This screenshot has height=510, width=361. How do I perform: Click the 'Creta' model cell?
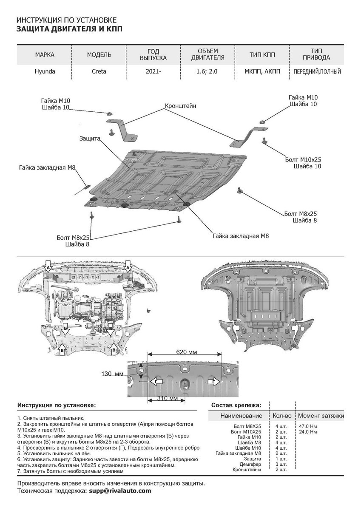[x=99, y=72]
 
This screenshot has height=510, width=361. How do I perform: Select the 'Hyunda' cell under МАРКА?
[x=45, y=72]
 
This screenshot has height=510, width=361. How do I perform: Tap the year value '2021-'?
[x=153, y=72]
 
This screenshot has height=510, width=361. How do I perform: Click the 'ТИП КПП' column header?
[x=262, y=55]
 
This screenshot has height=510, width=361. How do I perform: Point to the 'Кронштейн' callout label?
[x=181, y=106]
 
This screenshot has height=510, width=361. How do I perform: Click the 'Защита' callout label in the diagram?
[x=89, y=139]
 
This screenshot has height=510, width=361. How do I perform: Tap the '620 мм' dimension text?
[x=186, y=352]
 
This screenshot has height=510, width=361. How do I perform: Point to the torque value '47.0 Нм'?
[x=306, y=426]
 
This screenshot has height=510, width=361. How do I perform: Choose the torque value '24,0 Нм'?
[x=306, y=431]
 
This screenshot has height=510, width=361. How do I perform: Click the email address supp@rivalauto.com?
[x=120, y=490]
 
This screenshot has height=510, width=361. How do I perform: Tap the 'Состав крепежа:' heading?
[x=236, y=405]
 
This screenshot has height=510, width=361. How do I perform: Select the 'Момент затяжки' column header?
[x=321, y=415]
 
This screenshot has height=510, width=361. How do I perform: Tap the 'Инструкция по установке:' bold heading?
[x=57, y=405]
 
